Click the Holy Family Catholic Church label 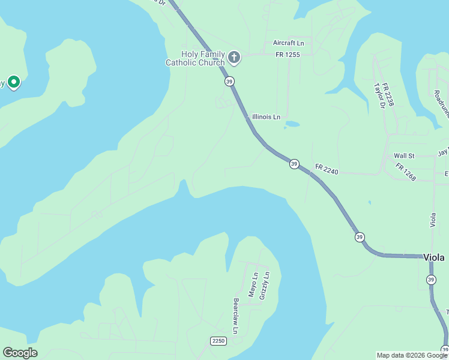[195, 58]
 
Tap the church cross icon [234, 58]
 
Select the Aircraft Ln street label [289, 43]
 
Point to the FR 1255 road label [288, 55]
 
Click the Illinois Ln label [266, 117]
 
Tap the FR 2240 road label [327, 170]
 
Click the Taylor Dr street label [379, 96]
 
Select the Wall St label [404, 156]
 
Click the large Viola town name [434, 257]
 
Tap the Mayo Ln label [255, 286]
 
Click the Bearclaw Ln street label [236, 316]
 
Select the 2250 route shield [218, 341]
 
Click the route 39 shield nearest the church [229, 81]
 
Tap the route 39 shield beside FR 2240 [294, 164]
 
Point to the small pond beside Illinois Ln [292, 124]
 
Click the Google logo [20, 353]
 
